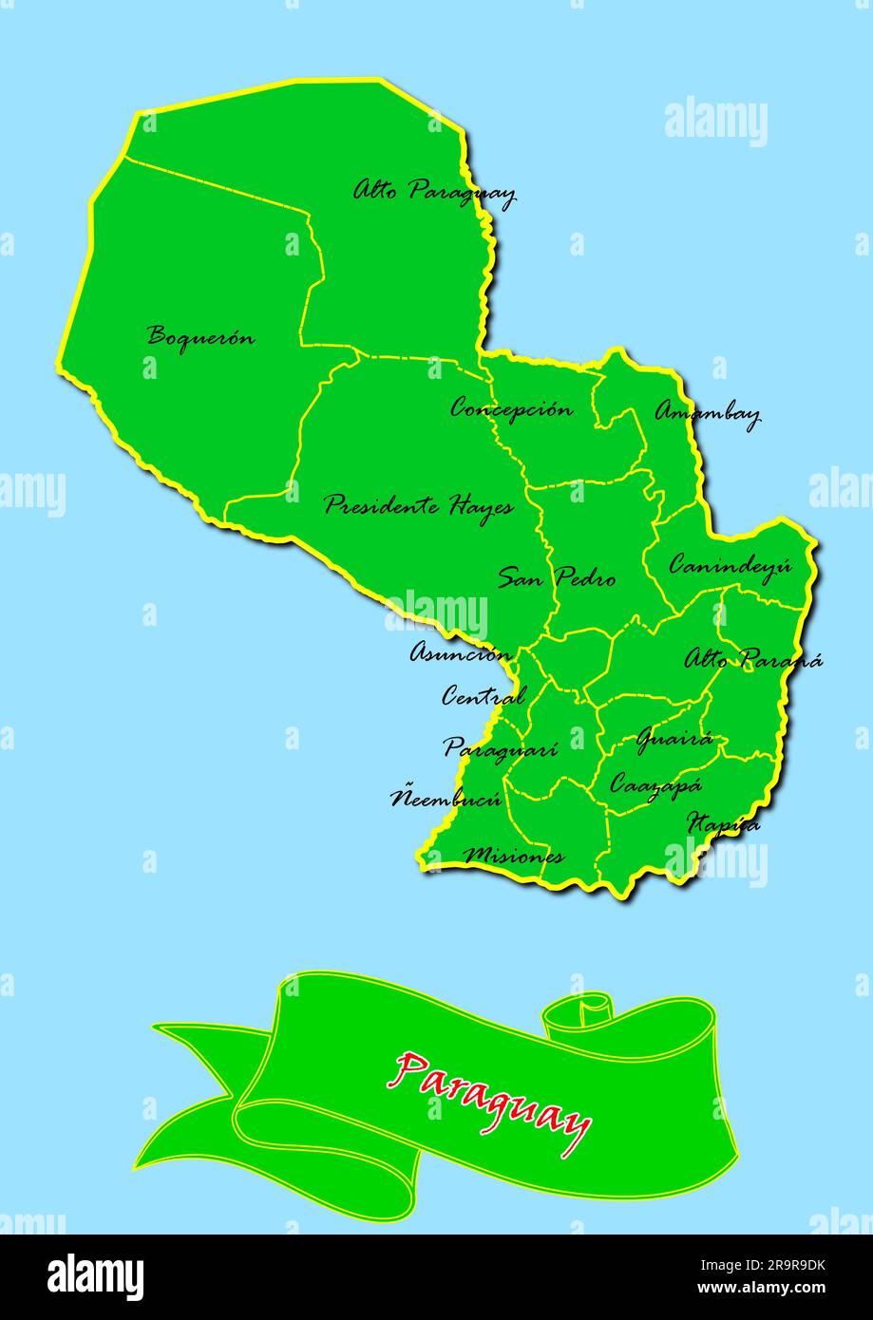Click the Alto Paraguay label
pos(434,193)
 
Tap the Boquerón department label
pos(201,336)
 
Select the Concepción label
pos(511,409)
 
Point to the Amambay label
pos(708,413)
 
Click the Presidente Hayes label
pos(418,505)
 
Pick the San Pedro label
pos(557,577)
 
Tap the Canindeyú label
pos(730,565)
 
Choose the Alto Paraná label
pos(753,658)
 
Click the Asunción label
pos(461,652)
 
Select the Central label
pos(483,696)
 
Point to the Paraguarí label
pos(500,748)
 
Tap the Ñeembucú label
pos(446,798)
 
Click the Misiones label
pos(513,856)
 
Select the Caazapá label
pos(655,785)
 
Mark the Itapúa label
pos(723,823)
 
